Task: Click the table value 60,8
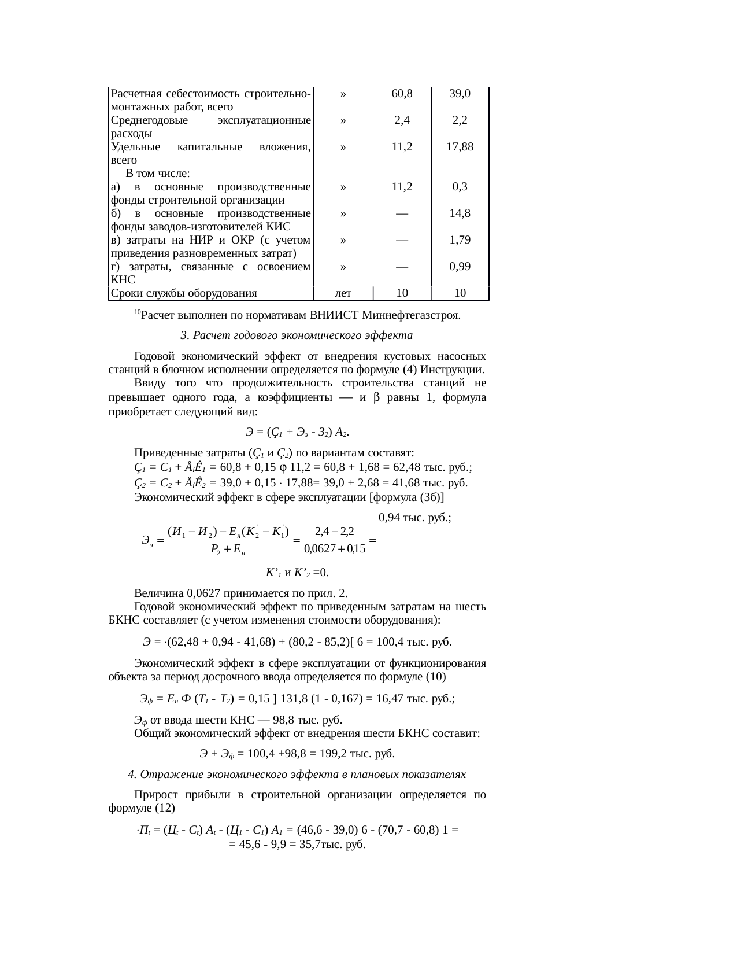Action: pos(402,94)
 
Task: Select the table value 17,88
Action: pos(460,147)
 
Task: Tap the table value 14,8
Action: pos(460,213)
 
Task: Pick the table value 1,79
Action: pos(460,240)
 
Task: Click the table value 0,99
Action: pos(460,267)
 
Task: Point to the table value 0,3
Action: pos(460,187)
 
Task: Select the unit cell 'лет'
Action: pos(343,293)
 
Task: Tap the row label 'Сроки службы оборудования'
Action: pos(184,293)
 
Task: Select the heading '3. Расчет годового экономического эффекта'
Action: pos(297,335)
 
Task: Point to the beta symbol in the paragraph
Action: pos(376,398)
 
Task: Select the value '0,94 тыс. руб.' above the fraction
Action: pos(414,518)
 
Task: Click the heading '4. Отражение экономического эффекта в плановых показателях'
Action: pos(297,775)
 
